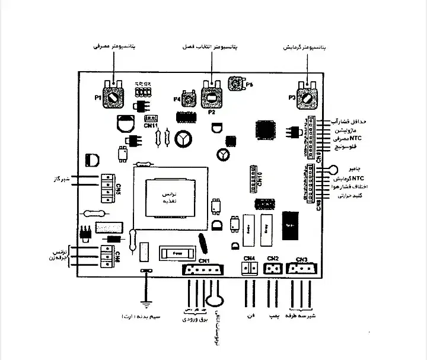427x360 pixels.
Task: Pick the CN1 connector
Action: point(203,270)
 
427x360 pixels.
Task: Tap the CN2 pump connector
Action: point(273,269)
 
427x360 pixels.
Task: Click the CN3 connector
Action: point(301,269)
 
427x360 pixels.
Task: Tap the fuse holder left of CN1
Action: point(176,253)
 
